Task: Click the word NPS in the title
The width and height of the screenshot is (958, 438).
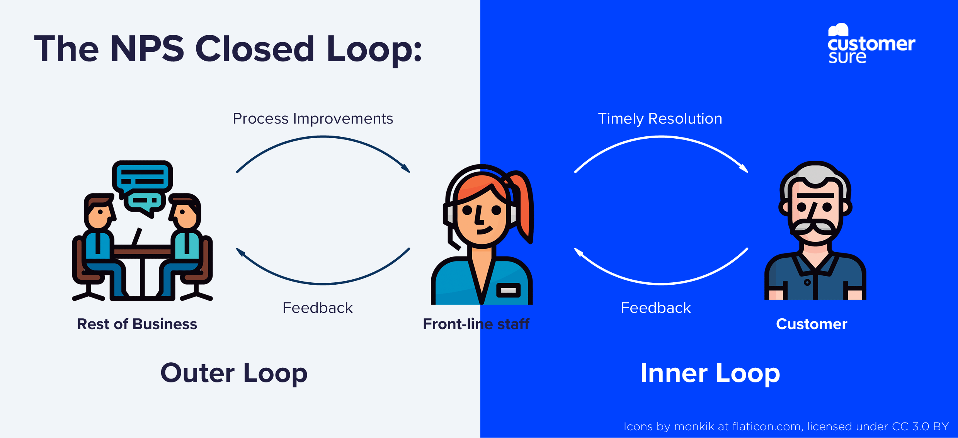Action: [147, 49]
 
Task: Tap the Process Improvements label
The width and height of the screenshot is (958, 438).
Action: [313, 119]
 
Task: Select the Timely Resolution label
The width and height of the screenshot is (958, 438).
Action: [660, 119]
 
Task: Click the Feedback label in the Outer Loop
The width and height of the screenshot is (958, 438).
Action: [317, 308]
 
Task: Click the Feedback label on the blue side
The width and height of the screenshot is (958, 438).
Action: [655, 308]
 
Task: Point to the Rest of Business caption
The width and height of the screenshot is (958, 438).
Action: [137, 324]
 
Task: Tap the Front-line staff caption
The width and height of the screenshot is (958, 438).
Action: [476, 324]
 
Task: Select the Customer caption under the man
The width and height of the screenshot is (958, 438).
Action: [812, 324]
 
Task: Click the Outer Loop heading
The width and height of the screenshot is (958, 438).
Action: [234, 373]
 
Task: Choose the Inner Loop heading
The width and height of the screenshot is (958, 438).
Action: [710, 373]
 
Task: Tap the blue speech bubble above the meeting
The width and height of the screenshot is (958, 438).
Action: [142, 176]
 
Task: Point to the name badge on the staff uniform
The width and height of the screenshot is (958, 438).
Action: [508, 290]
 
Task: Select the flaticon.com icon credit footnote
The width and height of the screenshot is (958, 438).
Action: [786, 426]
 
